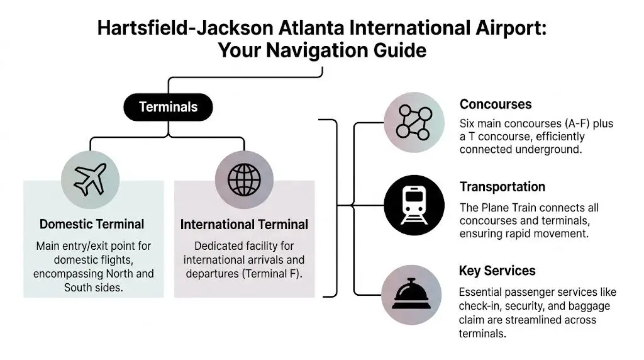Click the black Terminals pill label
coord(168,107)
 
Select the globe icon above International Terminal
coord(244,179)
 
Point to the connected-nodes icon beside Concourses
coord(414,123)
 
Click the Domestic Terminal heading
coord(92,224)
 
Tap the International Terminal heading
coord(244,225)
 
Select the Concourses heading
coord(496,104)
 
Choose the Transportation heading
coord(502,187)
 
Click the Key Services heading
coord(497,271)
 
